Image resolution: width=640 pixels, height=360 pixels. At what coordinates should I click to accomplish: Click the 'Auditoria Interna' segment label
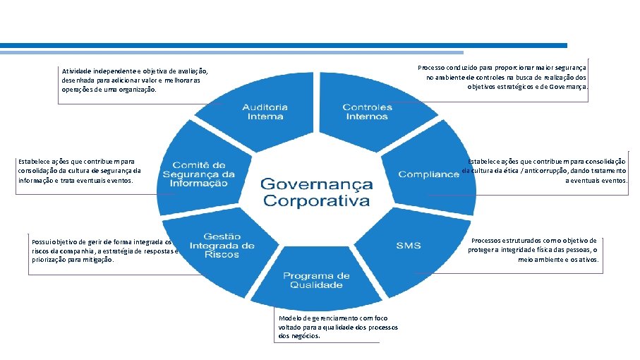point(265,112)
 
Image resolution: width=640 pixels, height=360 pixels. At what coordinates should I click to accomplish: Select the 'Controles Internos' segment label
point(367,112)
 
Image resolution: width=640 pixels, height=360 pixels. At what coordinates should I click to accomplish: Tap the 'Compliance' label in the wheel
point(428,174)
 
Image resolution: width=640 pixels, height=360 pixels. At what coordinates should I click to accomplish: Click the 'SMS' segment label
point(408,246)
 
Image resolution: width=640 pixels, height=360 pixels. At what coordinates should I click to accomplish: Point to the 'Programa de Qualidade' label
point(316,280)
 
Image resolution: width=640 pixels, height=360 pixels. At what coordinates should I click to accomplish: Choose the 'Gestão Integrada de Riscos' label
point(222,245)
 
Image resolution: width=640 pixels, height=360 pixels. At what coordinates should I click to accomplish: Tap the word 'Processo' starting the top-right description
point(433,67)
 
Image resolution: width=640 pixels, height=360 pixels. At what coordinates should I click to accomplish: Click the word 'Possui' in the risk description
point(42,241)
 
